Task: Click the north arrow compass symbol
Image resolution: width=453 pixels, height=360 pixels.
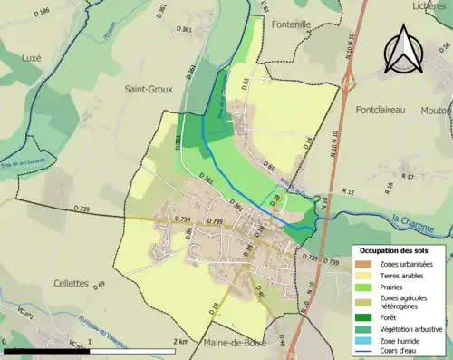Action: (403, 50)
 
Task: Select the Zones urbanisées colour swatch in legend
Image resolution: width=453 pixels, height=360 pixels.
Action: (365, 263)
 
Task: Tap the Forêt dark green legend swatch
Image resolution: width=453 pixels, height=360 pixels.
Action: (365, 317)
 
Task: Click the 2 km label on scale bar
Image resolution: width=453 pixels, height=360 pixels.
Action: (181, 341)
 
